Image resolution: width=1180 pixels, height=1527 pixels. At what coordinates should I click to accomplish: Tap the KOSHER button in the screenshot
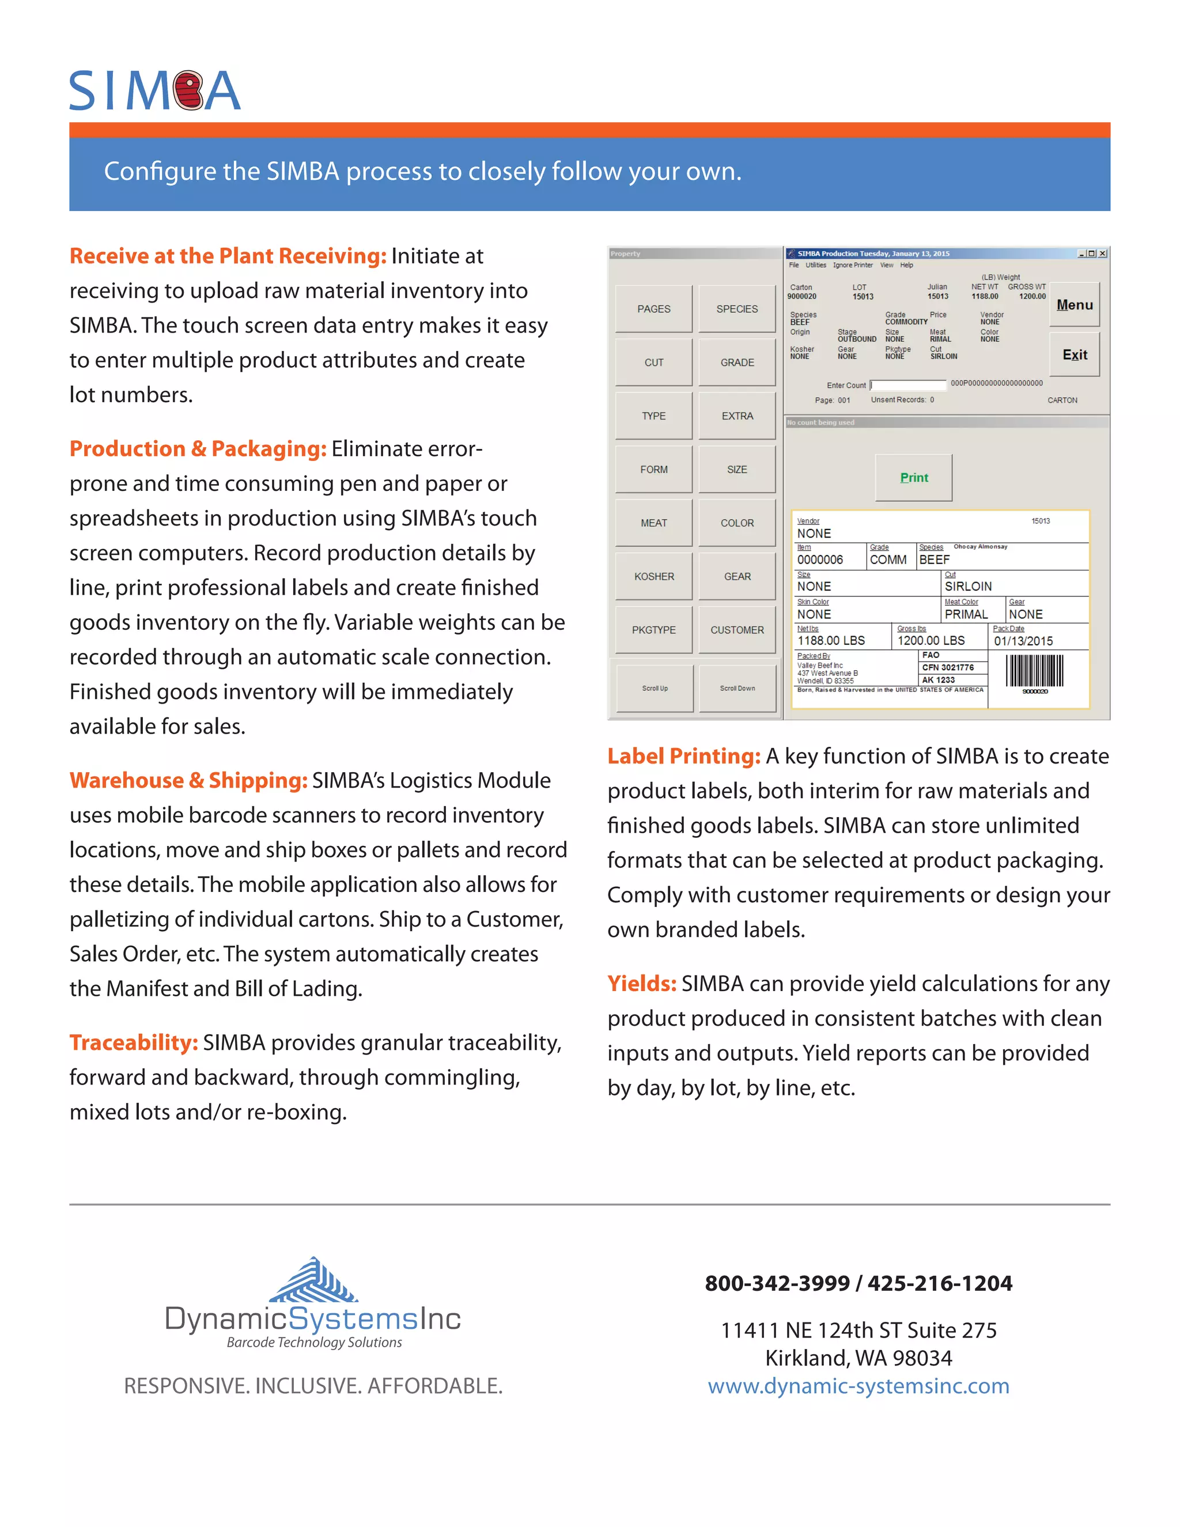tap(653, 576)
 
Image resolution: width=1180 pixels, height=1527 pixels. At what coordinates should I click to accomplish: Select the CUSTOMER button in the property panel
tap(737, 630)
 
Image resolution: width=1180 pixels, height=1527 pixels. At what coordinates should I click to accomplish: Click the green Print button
tap(914, 478)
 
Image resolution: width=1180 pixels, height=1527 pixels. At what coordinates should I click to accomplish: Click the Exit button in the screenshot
tap(1075, 354)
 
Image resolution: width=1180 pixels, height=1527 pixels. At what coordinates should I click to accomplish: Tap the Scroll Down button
tap(737, 689)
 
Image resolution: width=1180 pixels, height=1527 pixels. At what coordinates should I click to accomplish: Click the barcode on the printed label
tap(1035, 671)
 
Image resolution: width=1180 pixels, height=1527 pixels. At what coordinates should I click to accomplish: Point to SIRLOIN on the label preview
tap(968, 586)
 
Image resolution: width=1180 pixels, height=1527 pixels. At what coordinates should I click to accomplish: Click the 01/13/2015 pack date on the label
tap(1023, 640)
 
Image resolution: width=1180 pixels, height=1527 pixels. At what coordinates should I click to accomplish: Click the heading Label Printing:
tap(684, 756)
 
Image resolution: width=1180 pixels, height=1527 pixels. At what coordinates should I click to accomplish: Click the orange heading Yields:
tap(641, 984)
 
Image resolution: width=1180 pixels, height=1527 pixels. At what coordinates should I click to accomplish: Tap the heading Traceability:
tap(134, 1042)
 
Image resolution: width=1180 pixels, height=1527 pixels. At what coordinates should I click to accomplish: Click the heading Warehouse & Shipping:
tap(188, 780)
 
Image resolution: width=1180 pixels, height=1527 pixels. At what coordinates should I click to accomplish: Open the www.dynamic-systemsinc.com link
tap(858, 1386)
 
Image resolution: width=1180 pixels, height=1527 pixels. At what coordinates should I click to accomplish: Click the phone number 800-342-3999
tap(777, 1283)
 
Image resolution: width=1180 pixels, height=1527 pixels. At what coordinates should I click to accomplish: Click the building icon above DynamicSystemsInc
tap(314, 1280)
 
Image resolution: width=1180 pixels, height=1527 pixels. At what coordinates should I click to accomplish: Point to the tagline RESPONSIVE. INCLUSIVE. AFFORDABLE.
tap(313, 1386)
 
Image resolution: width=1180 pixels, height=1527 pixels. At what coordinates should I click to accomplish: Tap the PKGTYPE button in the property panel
tap(653, 630)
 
